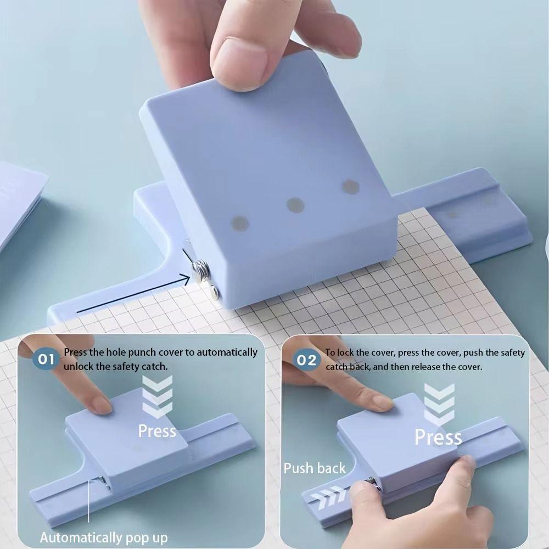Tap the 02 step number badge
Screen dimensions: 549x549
click(x=307, y=360)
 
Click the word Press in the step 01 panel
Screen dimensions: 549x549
click(x=157, y=431)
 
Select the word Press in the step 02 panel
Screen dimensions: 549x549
click(x=438, y=438)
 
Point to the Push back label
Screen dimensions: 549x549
click(x=315, y=468)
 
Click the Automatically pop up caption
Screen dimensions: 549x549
click(x=104, y=537)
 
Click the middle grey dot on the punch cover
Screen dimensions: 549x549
click(x=295, y=205)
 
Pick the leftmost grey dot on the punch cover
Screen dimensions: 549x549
click(x=240, y=223)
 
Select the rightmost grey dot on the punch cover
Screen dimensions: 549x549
click(x=350, y=187)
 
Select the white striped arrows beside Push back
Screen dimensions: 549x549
click(x=328, y=496)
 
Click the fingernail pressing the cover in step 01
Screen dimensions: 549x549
click(x=100, y=405)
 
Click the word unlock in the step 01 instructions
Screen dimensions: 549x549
click(x=80, y=367)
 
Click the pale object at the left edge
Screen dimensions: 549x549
click(x=19, y=203)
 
